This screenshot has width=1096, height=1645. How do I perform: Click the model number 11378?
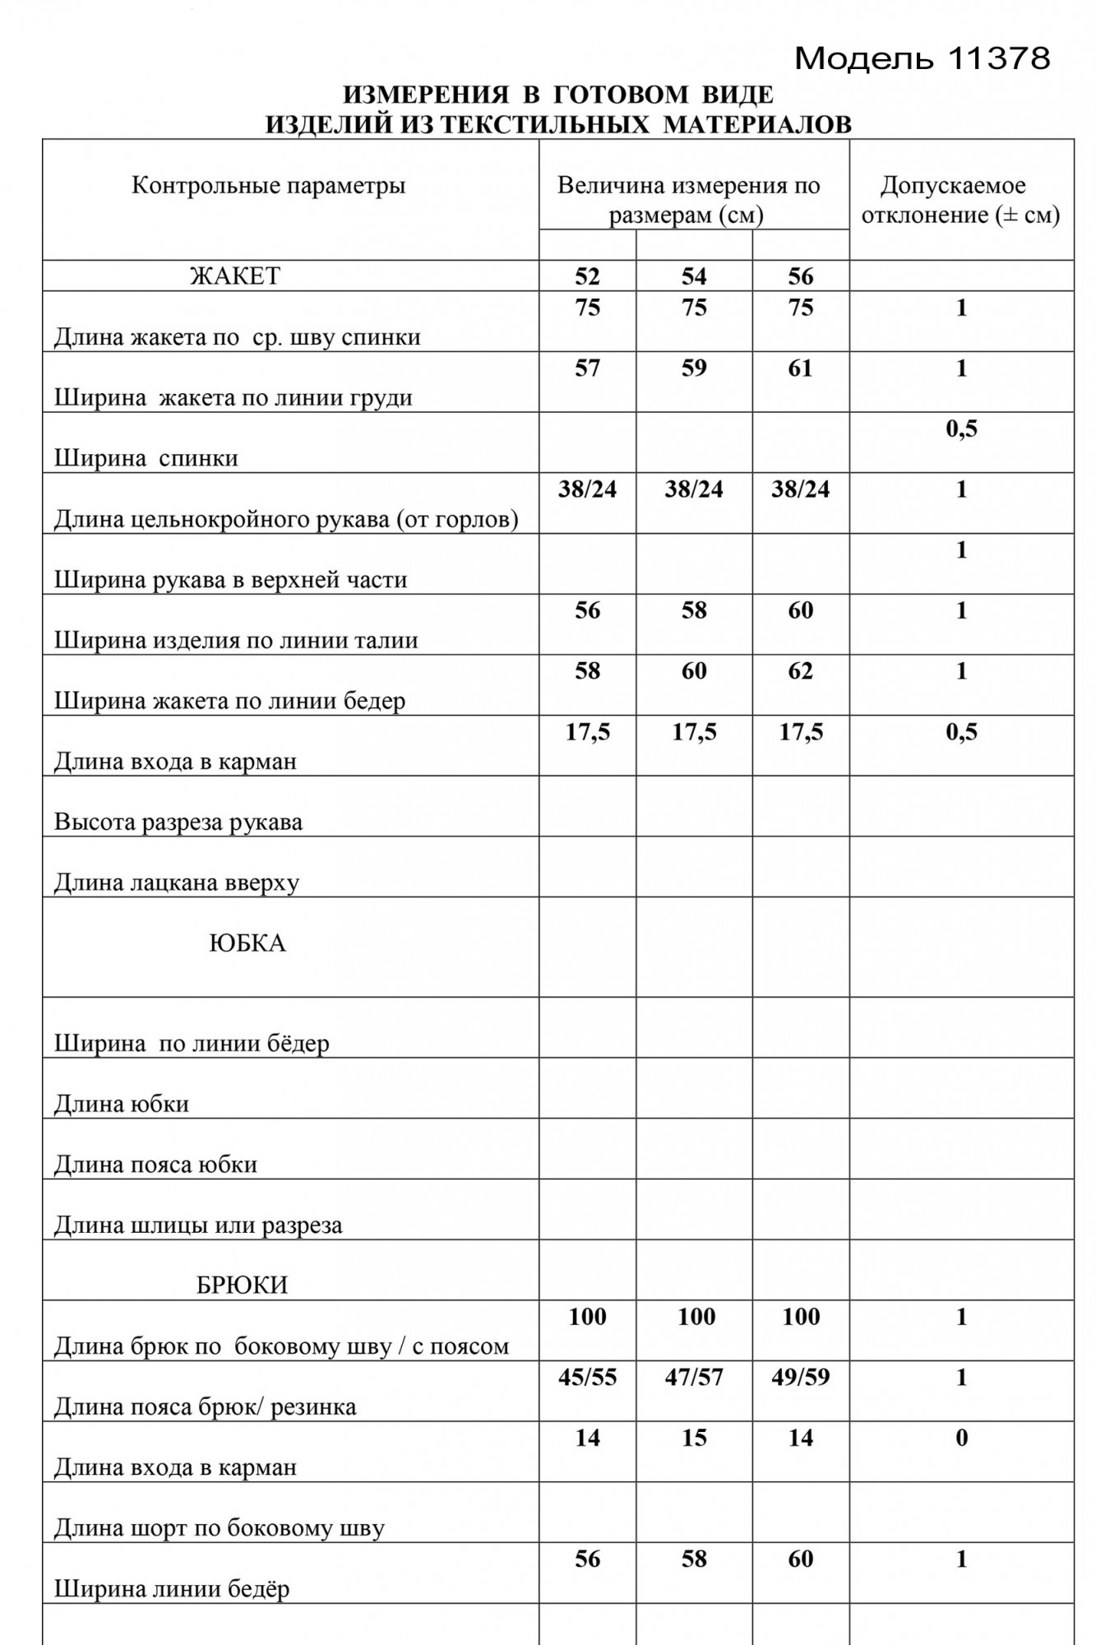click(999, 58)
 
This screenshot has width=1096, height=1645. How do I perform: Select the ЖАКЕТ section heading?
click(235, 276)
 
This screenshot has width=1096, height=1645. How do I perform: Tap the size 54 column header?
click(694, 277)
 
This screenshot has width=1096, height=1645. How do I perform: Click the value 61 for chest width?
click(800, 368)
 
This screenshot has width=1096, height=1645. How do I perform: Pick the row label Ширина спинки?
click(146, 459)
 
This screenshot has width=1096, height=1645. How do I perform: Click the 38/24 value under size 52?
click(587, 490)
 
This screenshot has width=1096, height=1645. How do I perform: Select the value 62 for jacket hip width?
click(800, 671)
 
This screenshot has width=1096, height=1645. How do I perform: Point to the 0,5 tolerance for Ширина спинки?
click(961, 429)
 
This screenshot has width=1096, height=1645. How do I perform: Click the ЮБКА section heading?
click(247, 943)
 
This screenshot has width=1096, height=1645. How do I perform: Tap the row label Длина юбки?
click(122, 1104)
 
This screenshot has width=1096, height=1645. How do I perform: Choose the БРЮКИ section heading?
click(243, 1286)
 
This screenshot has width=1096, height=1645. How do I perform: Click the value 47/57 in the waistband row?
click(694, 1378)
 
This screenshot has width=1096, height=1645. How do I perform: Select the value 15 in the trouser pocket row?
click(694, 1439)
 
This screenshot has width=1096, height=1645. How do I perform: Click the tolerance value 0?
click(961, 1439)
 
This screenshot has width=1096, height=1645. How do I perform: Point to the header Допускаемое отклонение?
click(960, 201)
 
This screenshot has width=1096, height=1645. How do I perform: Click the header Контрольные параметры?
click(269, 186)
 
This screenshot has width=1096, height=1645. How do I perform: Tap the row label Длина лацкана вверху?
click(177, 883)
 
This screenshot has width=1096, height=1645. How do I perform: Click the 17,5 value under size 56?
click(800, 732)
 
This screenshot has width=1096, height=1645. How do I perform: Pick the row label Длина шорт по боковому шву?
click(220, 1529)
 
